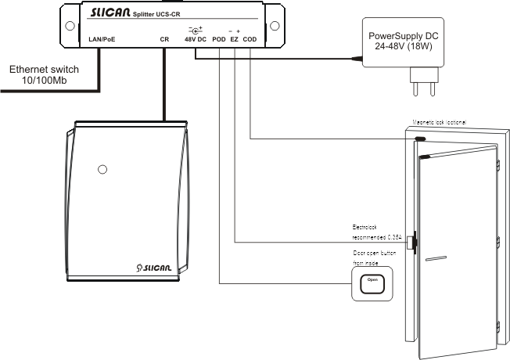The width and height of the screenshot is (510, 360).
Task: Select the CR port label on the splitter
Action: click(164, 38)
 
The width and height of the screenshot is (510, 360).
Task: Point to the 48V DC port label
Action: click(194, 38)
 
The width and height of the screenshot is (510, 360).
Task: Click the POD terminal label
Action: click(219, 38)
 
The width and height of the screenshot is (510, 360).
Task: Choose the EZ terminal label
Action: click(235, 38)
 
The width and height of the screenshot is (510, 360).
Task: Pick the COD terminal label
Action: click(250, 38)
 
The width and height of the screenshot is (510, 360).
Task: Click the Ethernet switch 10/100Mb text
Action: click(42, 74)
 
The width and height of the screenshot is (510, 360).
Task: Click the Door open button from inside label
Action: click(375, 257)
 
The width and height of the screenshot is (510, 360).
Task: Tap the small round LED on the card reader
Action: click(101, 169)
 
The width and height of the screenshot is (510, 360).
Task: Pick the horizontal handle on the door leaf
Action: click(436, 257)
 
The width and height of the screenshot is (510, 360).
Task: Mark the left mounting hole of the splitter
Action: click(70, 23)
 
